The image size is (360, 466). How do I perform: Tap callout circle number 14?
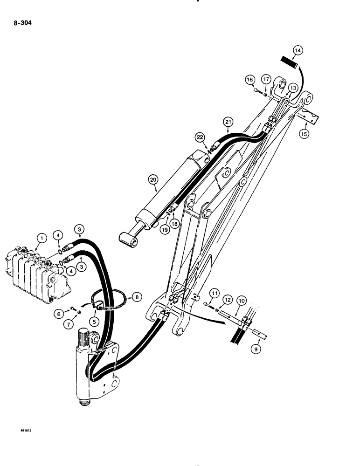[x=298, y=50]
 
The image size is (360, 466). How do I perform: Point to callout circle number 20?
[x=152, y=179]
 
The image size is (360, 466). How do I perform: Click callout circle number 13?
[x=293, y=88]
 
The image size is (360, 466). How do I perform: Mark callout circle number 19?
[x=164, y=229]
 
